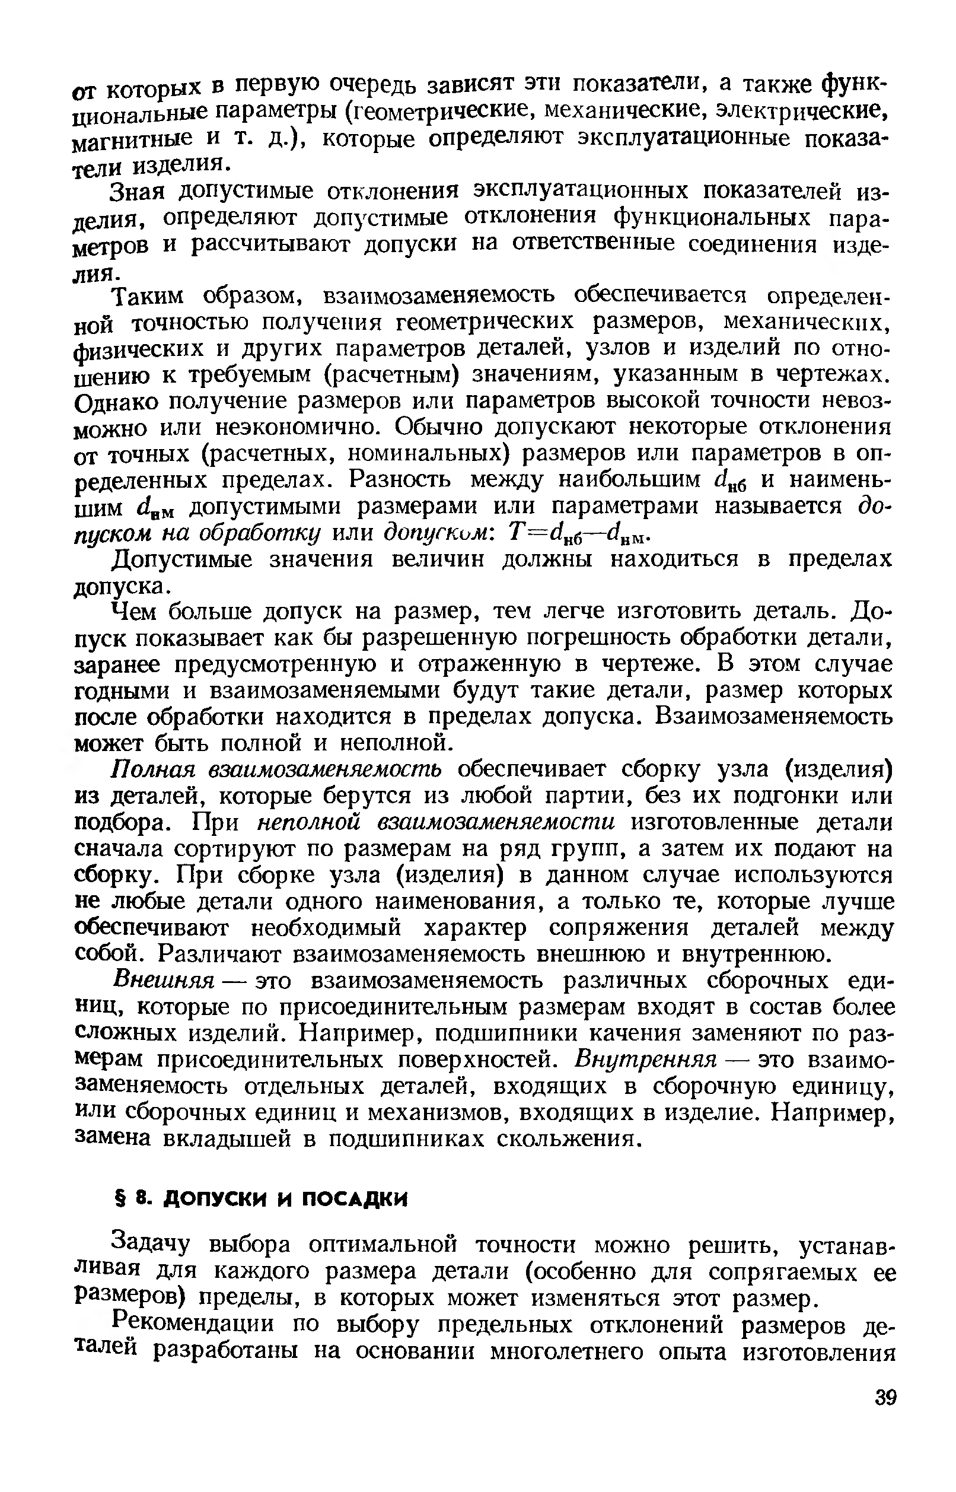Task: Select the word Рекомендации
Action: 196,1324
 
